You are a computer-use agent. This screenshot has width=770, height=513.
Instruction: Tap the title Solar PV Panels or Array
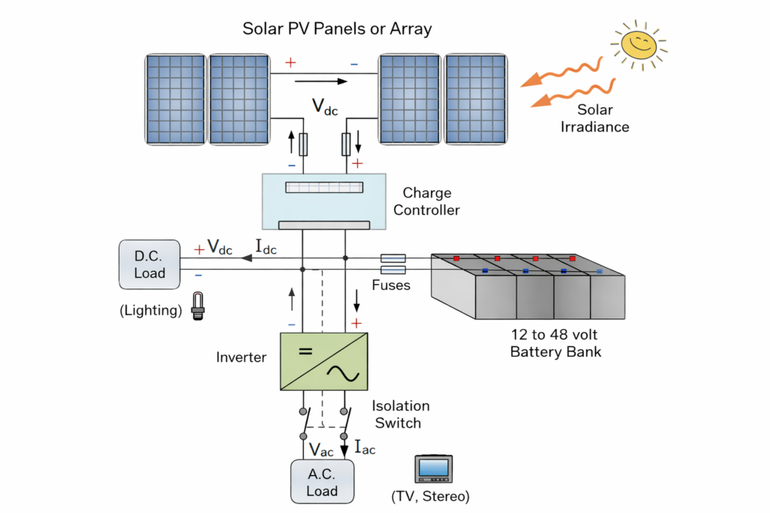tap(337, 29)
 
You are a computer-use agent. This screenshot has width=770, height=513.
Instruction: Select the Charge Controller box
tap(323, 201)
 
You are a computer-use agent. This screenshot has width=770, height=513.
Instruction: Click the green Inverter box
tap(324, 361)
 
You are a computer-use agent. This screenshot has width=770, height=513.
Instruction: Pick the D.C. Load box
tap(150, 264)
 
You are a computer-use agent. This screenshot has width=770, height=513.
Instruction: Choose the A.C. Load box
tap(322, 481)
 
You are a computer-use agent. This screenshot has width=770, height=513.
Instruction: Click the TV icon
tap(433, 469)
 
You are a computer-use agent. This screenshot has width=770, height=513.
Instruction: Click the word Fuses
tap(391, 285)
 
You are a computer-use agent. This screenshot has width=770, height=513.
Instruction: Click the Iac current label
tap(364, 448)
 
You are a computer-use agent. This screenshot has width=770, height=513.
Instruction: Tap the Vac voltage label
tap(322, 449)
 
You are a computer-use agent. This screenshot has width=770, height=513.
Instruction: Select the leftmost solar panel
tap(174, 98)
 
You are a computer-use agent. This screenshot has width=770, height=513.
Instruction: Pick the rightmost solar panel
tap(475, 98)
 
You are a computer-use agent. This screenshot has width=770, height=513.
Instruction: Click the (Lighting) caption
tap(150, 310)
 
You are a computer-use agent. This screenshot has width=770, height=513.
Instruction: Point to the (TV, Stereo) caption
tap(431, 496)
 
